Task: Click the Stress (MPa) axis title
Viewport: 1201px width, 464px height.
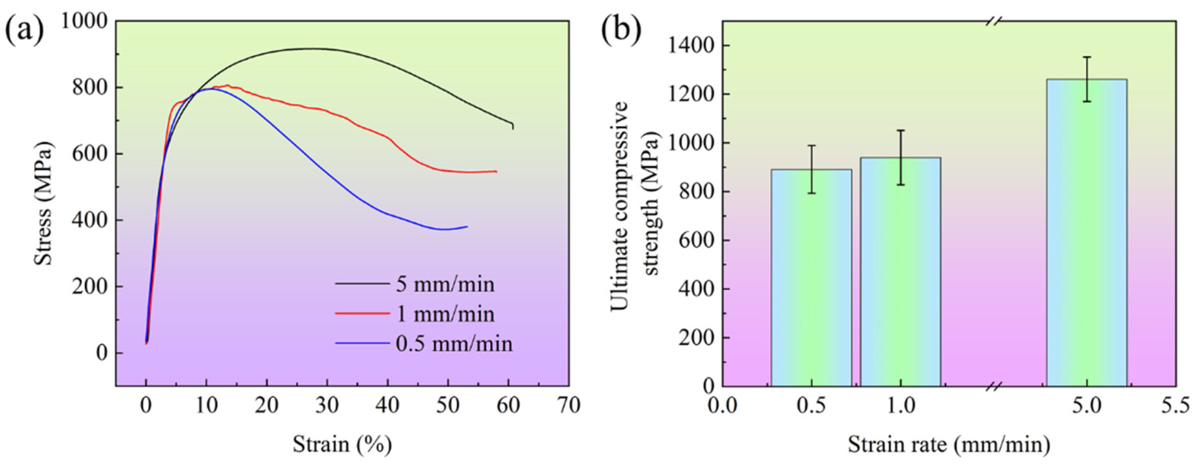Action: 44,203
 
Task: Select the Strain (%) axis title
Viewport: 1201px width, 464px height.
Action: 342,444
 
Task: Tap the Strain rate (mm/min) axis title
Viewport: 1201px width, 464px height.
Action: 949,444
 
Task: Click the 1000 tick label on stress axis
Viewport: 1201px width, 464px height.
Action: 84,21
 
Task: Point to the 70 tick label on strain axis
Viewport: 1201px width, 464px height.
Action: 568,405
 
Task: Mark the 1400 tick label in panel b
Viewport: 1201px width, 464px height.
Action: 691,46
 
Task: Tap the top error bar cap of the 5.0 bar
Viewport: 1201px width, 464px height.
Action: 1087,70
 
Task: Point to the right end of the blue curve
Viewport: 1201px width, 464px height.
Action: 467,227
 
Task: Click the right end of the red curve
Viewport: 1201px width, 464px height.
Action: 497,171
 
